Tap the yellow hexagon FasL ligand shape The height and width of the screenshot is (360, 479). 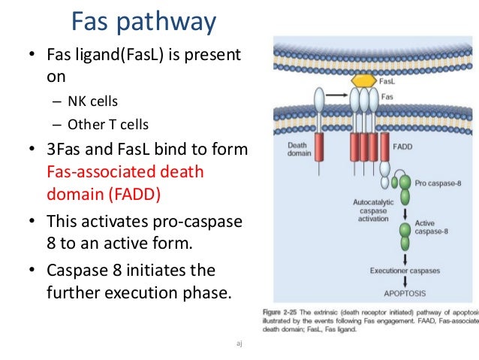point(364,80)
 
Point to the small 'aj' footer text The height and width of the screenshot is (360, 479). point(239,343)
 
